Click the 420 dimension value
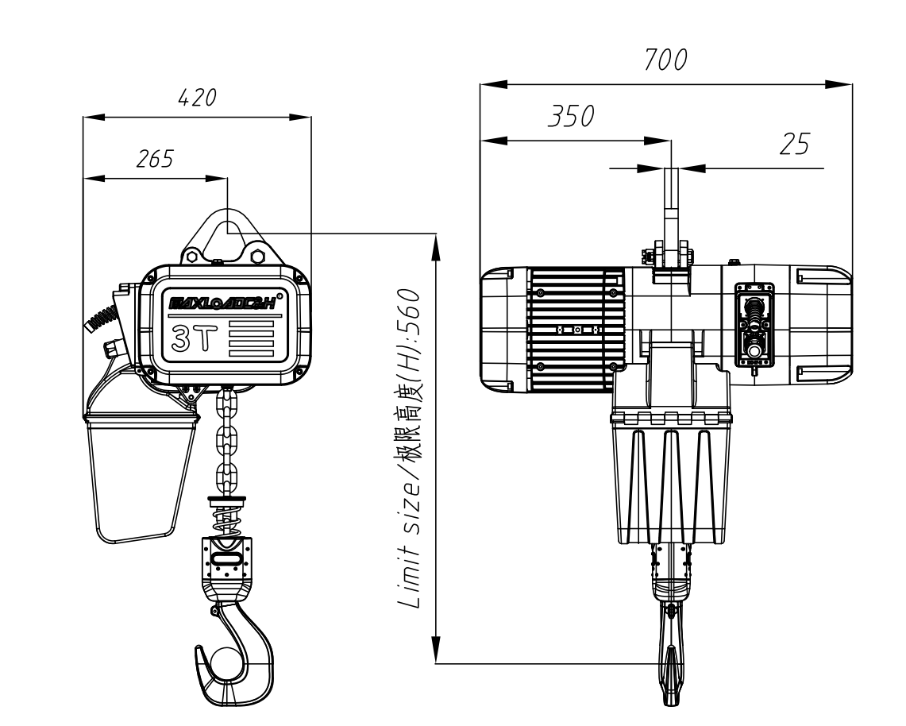click(x=197, y=98)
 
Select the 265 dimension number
click(x=155, y=159)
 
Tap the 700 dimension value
click(x=665, y=60)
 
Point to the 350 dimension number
click(x=571, y=116)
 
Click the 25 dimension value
click(x=795, y=144)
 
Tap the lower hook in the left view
click(x=234, y=653)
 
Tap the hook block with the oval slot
click(x=227, y=564)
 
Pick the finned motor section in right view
click(x=576, y=329)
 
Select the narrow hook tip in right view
click(x=671, y=676)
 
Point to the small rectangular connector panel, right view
click(x=754, y=326)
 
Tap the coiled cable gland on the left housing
click(x=102, y=319)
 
